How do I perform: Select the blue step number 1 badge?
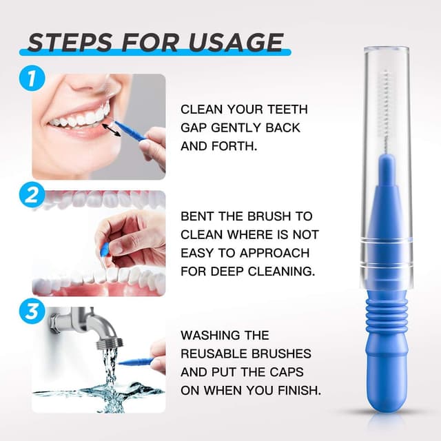[x=28, y=77]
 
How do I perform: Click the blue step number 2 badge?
[x=28, y=195]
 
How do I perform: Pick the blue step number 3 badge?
[x=28, y=311]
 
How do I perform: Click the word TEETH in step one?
[x=289, y=110]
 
